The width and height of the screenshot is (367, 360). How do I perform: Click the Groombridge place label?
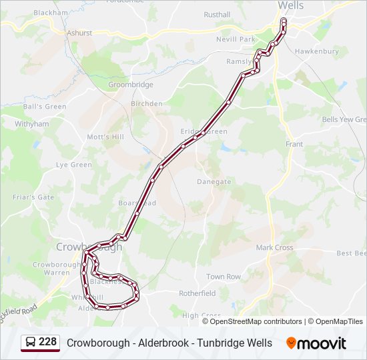(131, 85)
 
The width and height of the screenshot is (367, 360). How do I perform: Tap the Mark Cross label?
(274, 247)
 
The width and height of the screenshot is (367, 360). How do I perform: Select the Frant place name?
(294, 144)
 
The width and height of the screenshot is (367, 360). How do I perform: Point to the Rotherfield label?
(198, 293)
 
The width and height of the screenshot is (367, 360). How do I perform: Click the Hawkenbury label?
(317, 51)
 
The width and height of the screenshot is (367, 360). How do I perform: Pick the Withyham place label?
(32, 124)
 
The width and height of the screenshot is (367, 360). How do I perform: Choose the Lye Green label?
(73, 165)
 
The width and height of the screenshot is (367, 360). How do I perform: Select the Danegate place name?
(214, 181)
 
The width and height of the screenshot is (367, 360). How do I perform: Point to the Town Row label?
(224, 277)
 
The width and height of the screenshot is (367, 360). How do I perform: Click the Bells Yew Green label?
(344, 119)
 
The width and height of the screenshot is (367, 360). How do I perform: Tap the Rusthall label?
(217, 15)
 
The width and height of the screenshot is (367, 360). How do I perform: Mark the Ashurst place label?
(79, 33)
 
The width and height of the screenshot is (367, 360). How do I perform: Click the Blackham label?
(51, 13)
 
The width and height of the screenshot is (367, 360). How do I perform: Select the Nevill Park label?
(236, 39)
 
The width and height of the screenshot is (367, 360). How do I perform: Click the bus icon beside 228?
(31, 343)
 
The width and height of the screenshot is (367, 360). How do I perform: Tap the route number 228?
(47, 342)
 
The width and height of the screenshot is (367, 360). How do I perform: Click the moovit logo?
(316, 343)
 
